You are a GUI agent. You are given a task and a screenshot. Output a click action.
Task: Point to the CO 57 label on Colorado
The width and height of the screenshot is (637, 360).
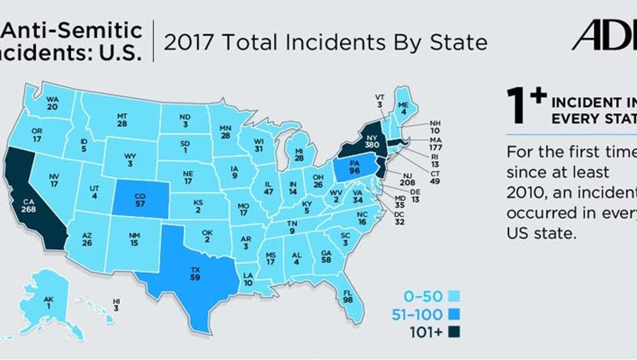[140, 200]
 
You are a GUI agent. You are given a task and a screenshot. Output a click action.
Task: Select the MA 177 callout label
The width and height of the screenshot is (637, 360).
[435, 144]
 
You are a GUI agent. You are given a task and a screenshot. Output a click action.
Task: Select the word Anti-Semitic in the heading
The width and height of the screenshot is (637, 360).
[74, 31]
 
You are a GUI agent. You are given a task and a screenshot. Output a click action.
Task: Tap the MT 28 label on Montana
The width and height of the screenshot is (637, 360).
[122, 120]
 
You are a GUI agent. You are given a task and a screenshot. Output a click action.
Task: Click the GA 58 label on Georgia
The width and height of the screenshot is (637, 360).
[326, 256]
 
